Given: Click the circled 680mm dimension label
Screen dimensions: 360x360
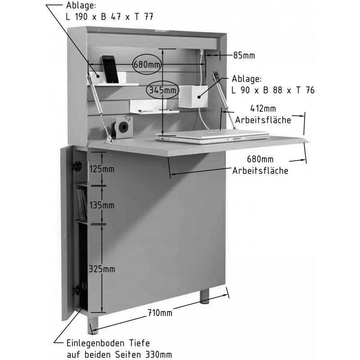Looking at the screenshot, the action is click(147, 64).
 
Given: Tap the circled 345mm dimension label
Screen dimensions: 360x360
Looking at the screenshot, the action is click(162, 90).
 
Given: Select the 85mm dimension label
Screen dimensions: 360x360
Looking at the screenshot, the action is click(244, 55).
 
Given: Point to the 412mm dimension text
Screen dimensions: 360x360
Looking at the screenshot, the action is click(263, 108).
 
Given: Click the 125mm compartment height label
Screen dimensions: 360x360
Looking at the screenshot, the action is click(102, 169).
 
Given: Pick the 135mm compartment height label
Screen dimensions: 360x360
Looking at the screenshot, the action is click(102, 205).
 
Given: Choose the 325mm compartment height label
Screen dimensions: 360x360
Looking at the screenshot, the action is click(102, 269).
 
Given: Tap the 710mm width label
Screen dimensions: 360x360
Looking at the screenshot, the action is click(160, 312).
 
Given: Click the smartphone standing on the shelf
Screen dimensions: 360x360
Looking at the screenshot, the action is click(110, 69).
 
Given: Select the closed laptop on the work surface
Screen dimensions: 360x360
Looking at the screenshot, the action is click(211, 137).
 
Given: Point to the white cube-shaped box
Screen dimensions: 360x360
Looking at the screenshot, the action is click(193, 96).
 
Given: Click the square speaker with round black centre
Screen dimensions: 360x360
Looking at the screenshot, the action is click(122, 127).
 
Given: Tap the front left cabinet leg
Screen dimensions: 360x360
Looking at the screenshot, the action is click(93, 325).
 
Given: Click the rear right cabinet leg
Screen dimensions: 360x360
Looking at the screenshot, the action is click(204, 297).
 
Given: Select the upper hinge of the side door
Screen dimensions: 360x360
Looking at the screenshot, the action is click(76, 166).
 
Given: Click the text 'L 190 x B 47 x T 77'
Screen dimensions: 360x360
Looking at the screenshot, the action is click(109, 17).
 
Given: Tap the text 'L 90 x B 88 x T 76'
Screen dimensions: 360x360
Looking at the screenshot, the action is click(273, 90).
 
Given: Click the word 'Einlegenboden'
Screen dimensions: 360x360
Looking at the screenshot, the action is click(95, 343).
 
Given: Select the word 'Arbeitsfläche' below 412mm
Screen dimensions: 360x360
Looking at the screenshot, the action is click(263, 120).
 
